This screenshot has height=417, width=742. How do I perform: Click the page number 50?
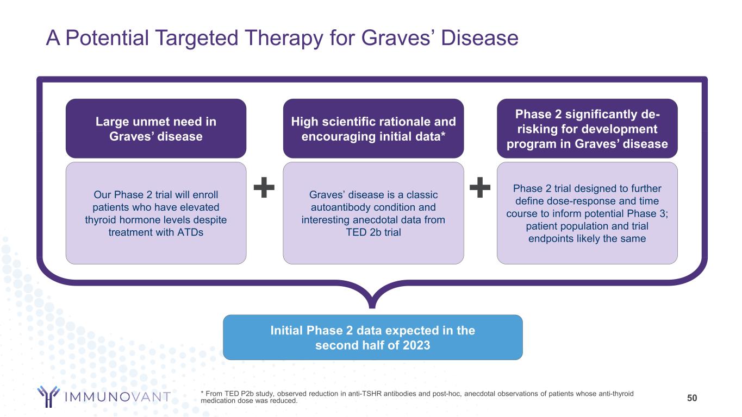point(692,398)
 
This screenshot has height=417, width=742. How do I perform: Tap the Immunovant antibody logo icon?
point(48,396)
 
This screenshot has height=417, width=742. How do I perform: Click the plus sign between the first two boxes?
point(264,187)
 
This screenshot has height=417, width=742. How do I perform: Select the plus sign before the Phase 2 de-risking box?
point(480,187)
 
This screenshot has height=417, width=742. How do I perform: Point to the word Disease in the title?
point(479,37)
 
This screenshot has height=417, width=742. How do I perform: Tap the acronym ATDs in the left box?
point(190,232)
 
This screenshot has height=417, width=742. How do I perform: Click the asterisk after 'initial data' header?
point(443,135)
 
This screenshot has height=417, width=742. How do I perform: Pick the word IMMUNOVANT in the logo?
point(117,397)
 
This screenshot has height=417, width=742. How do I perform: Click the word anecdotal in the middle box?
point(375,220)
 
